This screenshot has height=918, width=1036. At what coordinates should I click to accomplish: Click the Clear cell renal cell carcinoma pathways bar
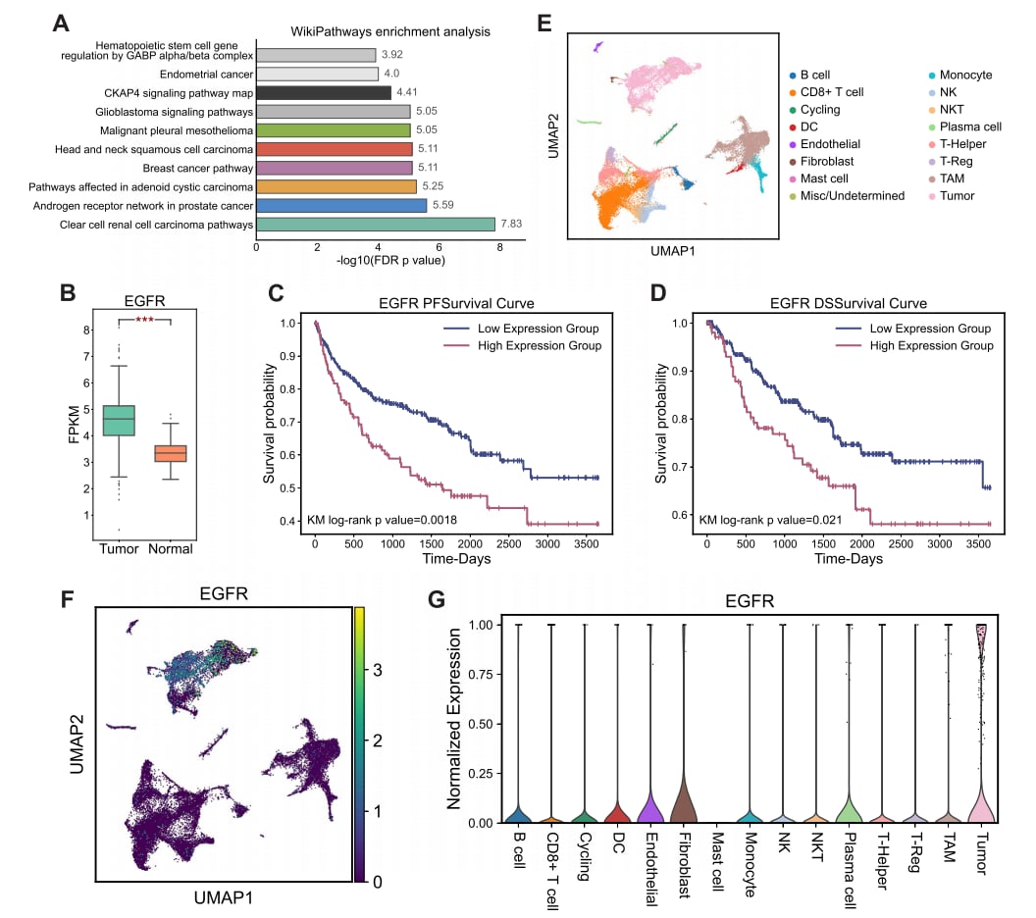pos(375,225)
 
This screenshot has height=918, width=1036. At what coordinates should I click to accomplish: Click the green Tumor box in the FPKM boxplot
pos(119,420)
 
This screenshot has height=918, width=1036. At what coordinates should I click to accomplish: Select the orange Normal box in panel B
pos(172,453)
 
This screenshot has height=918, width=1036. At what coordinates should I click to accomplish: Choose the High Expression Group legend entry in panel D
pos(930,345)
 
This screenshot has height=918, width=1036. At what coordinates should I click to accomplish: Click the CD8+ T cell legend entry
pos(832,92)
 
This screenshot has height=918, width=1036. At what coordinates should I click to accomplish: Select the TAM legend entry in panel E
pos(954,178)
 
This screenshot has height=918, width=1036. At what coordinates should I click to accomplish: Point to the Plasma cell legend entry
pos(970,127)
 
